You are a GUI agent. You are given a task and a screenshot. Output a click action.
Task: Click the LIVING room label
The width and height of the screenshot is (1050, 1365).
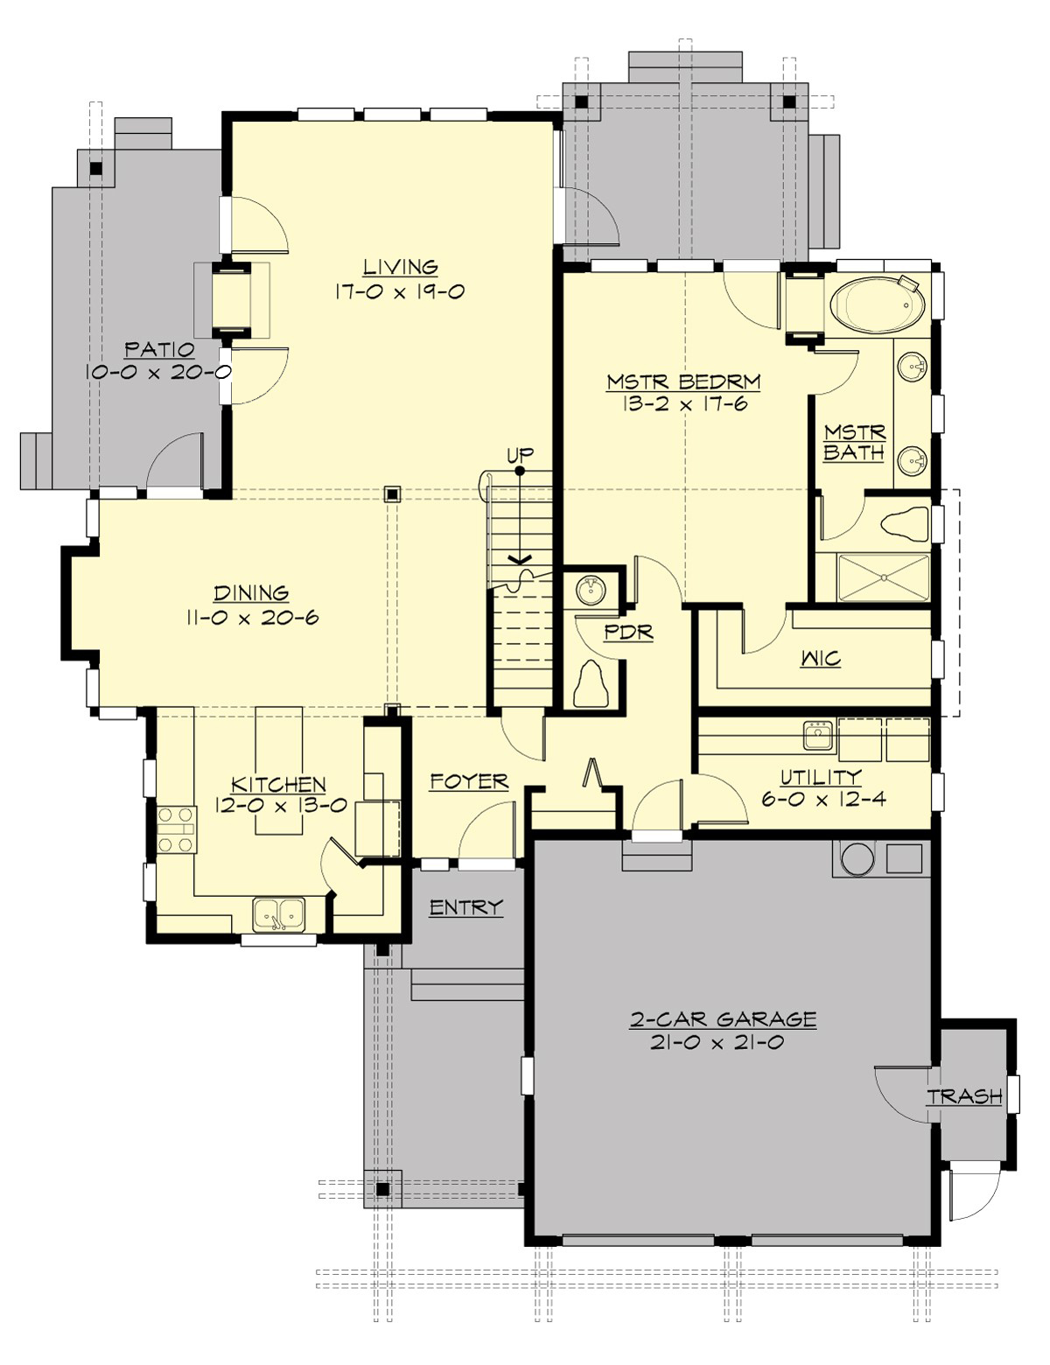point(401,267)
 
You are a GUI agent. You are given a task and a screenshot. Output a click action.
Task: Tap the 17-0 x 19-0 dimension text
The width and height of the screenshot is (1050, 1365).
point(399,291)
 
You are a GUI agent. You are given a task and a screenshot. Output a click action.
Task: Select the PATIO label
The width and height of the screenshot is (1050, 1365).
point(159,350)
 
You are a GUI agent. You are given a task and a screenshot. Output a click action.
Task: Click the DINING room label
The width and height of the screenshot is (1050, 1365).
point(251,594)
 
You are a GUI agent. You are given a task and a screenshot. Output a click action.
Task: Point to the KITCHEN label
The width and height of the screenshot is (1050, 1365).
point(278,784)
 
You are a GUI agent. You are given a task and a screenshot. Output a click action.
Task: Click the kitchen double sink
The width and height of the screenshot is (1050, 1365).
point(279,914)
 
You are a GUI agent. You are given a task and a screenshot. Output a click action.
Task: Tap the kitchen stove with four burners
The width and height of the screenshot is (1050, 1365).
point(175,829)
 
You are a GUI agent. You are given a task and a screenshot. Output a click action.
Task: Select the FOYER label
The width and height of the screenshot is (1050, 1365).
point(469,781)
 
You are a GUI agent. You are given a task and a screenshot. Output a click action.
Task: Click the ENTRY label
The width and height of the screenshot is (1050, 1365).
point(465,907)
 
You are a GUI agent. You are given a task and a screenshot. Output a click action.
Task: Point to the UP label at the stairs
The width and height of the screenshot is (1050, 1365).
point(520,455)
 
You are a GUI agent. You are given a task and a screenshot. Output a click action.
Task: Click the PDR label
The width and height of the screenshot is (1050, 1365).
point(628,632)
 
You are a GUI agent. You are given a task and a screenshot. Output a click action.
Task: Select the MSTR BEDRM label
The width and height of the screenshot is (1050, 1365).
point(683,382)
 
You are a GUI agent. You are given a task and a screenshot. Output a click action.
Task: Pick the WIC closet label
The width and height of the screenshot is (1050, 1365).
point(820,658)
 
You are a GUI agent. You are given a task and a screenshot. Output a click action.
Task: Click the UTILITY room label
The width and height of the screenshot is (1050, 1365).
point(820,776)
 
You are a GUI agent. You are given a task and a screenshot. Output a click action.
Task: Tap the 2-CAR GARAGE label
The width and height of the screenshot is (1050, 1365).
point(723,1019)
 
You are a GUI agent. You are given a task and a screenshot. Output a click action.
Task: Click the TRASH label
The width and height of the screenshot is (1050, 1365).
point(964,1096)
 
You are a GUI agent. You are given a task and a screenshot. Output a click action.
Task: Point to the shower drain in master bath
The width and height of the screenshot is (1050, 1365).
point(883,577)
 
